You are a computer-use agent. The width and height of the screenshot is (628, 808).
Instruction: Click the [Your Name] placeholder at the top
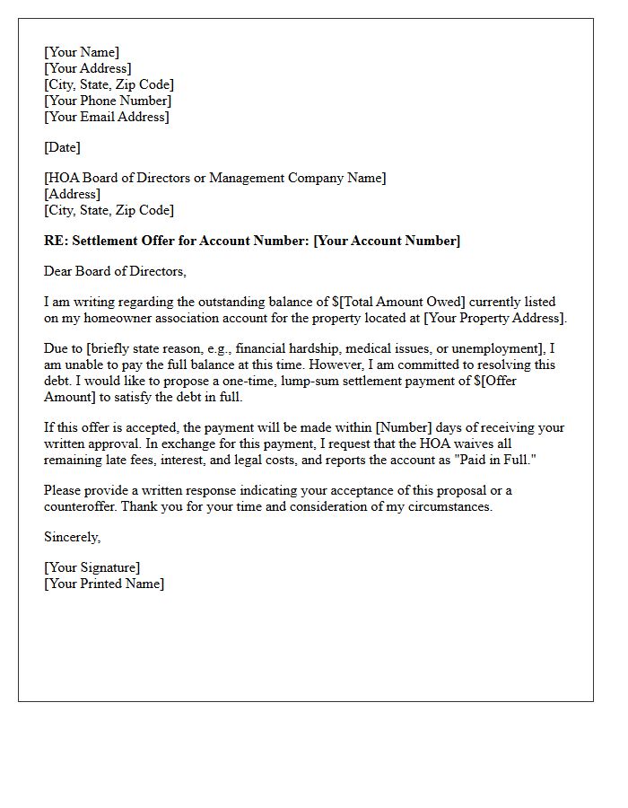(82, 52)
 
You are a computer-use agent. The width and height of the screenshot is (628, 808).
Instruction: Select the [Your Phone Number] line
(108, 101)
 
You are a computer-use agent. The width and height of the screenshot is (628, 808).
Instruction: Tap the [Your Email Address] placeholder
(107, 117)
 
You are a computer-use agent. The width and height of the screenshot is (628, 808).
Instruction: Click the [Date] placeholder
(62, 147)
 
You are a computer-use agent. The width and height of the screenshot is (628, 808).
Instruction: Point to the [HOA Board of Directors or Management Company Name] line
(215, 178)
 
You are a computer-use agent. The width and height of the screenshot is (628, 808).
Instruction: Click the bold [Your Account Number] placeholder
(387, 241)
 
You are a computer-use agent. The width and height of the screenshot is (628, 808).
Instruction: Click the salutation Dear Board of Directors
(115, 271)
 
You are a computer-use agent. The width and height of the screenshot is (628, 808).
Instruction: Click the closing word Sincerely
(72, 537)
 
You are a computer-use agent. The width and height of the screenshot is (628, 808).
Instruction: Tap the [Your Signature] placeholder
(92, 567)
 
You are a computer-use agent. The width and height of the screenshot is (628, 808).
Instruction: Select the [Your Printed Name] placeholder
(104, 584)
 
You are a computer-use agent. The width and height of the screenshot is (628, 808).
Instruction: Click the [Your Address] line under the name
(88, 68)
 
